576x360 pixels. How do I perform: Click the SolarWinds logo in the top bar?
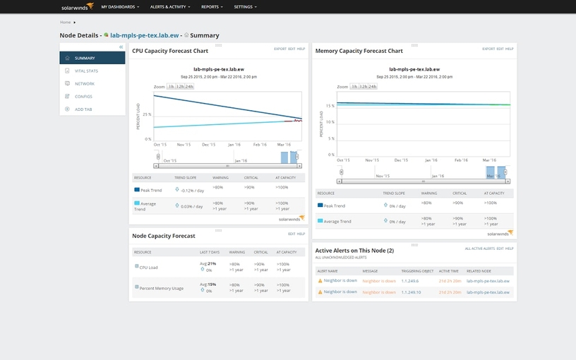76,6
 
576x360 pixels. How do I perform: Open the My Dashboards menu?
119,6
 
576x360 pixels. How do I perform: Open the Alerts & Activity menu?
169,6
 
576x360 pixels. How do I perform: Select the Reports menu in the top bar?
211,6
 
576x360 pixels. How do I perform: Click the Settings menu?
245,6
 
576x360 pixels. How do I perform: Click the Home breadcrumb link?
65,23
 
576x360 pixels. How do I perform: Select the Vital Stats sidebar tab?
87,71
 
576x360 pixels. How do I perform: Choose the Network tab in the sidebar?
85,83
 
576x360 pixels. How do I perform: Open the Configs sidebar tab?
83,96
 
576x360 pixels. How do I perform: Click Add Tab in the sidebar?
83,109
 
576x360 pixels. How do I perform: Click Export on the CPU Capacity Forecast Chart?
280,49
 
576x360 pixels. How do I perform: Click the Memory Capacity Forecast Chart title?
359,51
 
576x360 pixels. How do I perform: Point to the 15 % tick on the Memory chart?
329,104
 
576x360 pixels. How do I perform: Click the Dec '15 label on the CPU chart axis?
209,145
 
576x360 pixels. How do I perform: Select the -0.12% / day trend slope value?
191,189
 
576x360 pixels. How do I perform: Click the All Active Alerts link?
480,248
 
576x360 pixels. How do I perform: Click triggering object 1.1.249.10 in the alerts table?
411,292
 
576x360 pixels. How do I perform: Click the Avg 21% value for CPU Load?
208,263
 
